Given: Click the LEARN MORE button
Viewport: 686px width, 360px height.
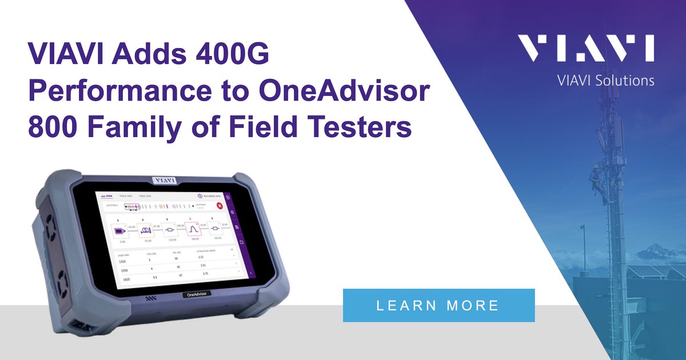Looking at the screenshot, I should [438, 305].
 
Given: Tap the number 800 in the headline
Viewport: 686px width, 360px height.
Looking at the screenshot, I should [55, 126].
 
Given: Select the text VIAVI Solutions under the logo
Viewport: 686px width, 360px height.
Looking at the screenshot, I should [605, 81].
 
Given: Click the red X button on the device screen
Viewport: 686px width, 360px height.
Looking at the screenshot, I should [219, 205].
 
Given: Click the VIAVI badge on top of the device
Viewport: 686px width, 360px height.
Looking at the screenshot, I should [165, 179].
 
